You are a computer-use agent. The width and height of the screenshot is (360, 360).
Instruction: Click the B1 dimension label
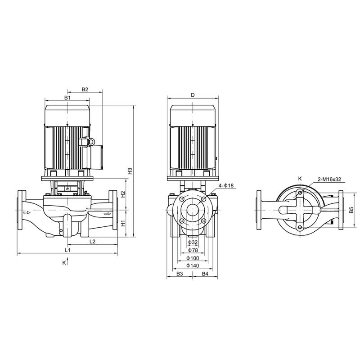(x=67, y=98)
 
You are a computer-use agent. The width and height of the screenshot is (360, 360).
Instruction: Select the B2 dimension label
(x=85, y=90)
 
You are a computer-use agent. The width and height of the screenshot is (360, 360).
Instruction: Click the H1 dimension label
(x=123, y=224)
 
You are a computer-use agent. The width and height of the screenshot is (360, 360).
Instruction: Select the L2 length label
(x=92, y=242)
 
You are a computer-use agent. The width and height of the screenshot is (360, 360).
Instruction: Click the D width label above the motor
(x=193, y=95)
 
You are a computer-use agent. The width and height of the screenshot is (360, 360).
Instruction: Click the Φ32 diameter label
(x=193, y=243)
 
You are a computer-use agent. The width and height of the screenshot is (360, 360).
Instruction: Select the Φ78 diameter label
(x=193, y=250)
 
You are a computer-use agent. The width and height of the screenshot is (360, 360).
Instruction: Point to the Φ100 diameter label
(x=193, y=258)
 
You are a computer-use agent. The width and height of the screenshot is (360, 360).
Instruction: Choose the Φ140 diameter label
(x=193, y=265)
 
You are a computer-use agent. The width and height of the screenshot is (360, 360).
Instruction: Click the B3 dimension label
(x=180, y=274)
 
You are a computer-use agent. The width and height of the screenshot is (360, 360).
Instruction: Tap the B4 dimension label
(x=205, y=274)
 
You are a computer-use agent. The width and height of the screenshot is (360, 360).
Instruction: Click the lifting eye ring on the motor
(x=90, y=142)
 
